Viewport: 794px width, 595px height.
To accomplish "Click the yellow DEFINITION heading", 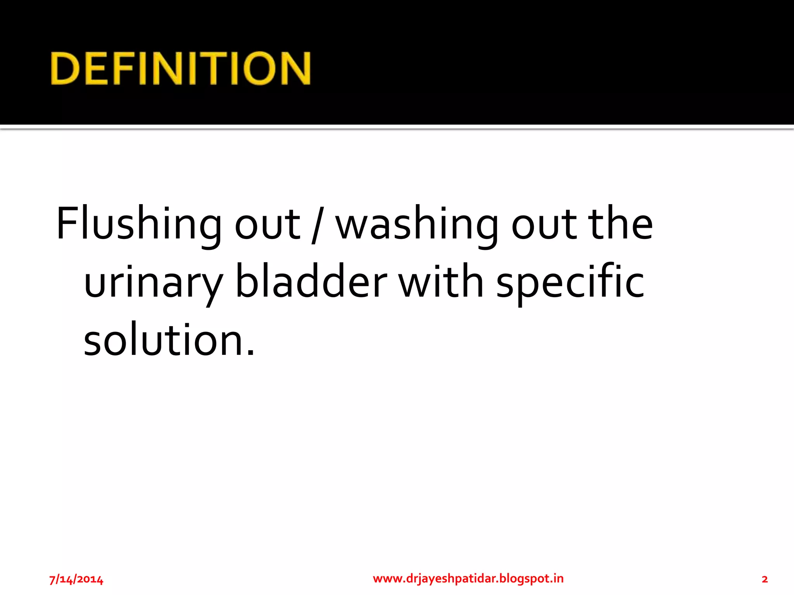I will click(x=181, y=68).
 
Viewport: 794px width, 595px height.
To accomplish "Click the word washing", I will click(x=416, y=225).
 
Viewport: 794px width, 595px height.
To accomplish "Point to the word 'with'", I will click(x=442, y=281).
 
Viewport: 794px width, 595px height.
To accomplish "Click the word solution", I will click(x=163, y=339).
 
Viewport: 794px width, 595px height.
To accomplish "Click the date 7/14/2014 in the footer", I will click(x=76, y=579).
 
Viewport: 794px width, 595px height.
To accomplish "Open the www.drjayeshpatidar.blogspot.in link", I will click(x=468, y=578).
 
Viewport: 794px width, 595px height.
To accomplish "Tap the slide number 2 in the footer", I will click(x=765, y=579).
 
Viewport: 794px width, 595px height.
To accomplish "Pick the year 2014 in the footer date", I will click(x=90, y=579).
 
